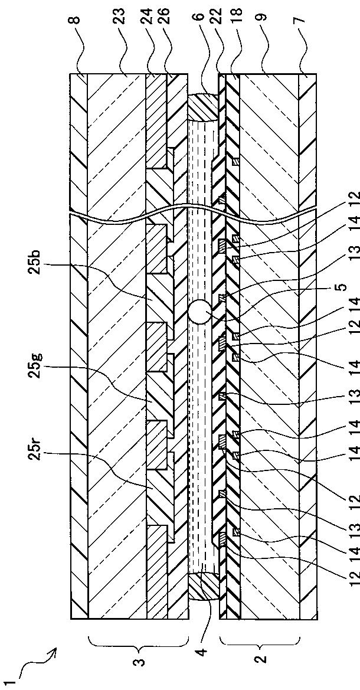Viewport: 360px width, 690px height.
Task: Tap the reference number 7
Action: coord(303,20)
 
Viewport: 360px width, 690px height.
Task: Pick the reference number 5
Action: coord(343,287)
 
